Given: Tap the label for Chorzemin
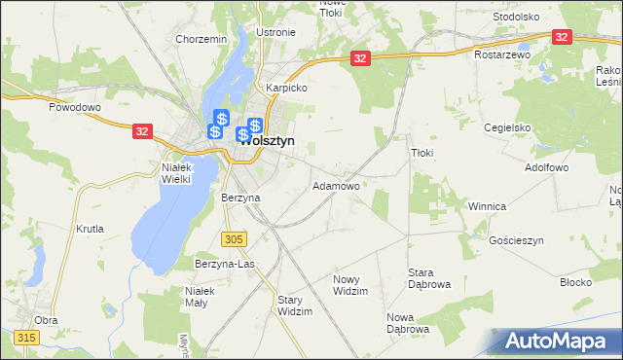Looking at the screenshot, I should click(x=201, y=39).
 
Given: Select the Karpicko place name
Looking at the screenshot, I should click(x=287, y=88).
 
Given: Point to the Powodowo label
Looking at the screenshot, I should click(x=75, y=107).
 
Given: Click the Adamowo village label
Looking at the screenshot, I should click(x=336, y=185).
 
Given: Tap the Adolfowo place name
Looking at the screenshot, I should click(x=546, y=167).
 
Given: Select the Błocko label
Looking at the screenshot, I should click(x=576, y=282).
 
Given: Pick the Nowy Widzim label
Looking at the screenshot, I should click(x=350, y=285).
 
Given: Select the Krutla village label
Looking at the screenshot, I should click(x=90, y=230).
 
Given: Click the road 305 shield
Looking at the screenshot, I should click(x=234, y=238).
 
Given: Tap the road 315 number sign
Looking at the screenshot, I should click(x=26, y=337).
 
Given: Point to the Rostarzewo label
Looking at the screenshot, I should click(x=502, y=54).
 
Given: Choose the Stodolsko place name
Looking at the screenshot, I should click(x=516, y=17).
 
